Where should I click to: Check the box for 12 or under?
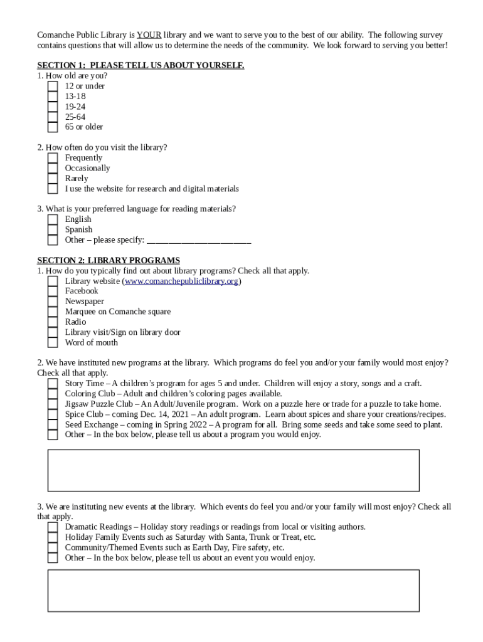(x=53, y=87)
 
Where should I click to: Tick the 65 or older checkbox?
(x=53, y=127)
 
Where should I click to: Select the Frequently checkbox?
(x=53, y=158)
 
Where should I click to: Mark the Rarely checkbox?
(x=53, y=179)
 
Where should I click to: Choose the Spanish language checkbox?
(x=53, y=230)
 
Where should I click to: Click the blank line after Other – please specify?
(x=198, y=240)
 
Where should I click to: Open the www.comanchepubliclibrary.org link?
(x=182, y=281)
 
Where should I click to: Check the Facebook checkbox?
(x=53, y=292)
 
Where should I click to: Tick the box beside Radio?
(x=53, y=322)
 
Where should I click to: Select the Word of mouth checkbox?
(x=53, y=343)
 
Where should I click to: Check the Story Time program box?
(x=53, y=384)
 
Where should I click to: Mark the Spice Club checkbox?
(x=53, y=414)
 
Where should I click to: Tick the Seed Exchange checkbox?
(x=53, y=425)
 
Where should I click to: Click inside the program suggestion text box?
(x=233, y=470)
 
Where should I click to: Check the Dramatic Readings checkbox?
(x=53, y=527)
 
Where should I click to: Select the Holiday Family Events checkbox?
(x=53, y=537)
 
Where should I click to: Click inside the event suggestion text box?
(x=233, y=590)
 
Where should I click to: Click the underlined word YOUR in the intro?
(x=149, y=34)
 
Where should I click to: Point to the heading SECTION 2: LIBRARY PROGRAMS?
(x=109, y=260)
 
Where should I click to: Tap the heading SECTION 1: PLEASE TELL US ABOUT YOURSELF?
(x=141, y=65)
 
